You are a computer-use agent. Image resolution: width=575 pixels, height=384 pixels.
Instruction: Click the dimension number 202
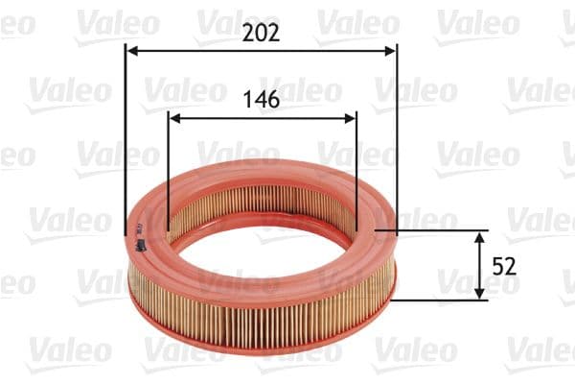pos(261,33)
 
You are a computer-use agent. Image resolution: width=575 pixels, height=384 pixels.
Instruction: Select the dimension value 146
pos(261,99)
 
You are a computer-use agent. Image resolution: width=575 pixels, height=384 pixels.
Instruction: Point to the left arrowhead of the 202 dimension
pos(131,51)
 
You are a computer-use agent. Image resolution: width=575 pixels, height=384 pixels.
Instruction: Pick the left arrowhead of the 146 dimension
pos(173,117)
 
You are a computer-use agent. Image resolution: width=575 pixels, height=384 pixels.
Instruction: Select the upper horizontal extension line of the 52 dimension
pos(441,230)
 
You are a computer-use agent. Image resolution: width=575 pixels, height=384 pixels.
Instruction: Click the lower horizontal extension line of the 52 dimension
pos(441,300)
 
